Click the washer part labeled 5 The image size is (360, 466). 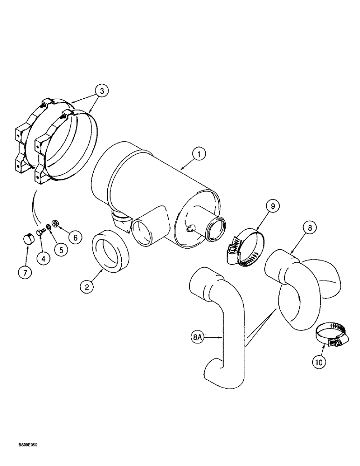tap(48, 228)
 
